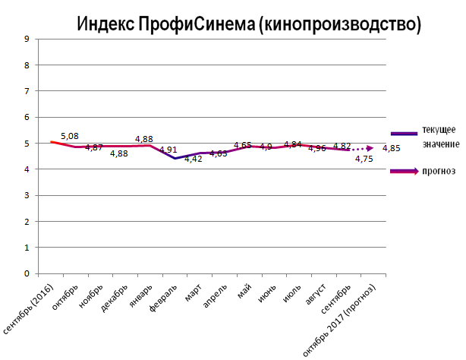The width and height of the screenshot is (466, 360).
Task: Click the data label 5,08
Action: coord(69,136)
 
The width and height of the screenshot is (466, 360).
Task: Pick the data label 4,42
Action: coord(193,159)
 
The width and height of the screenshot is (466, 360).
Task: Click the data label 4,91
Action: coord(168,150)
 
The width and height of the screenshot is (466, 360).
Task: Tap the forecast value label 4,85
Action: coord(392,148)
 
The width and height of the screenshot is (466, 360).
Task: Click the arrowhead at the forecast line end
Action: coord(370,148)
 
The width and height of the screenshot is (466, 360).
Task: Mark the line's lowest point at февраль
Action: coord(175,158)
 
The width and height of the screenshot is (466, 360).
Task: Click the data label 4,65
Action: coord(243,145)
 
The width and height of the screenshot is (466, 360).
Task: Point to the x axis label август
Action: coord(316,296)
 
